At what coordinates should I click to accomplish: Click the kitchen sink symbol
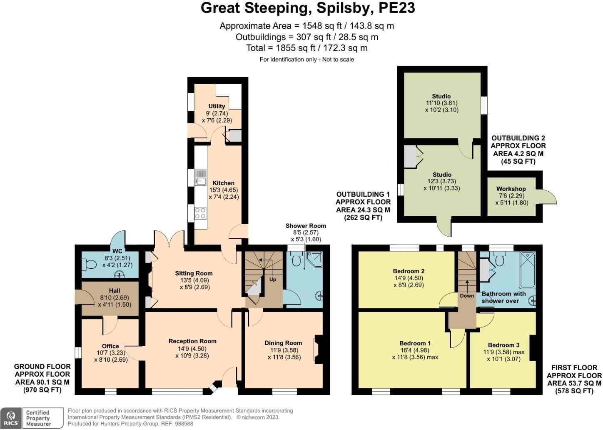coord(201,177)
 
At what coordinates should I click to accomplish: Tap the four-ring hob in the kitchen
coord(200,213)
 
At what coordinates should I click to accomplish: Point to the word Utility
coord(217,106)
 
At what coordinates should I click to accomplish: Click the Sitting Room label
coord(194,273)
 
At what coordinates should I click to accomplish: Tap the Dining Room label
coord(283,343)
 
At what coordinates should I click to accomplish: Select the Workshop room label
coord(511,189)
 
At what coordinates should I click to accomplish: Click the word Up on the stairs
coord(272,279)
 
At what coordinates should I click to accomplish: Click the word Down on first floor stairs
coord(467,295)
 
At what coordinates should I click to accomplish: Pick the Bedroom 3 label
coord(503,345)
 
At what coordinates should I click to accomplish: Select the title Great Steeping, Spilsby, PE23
coord(308,8)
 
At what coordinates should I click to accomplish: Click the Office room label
coord(110,346)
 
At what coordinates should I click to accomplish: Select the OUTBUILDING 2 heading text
coord(518,138)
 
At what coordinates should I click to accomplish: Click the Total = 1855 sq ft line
coord(307,48)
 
